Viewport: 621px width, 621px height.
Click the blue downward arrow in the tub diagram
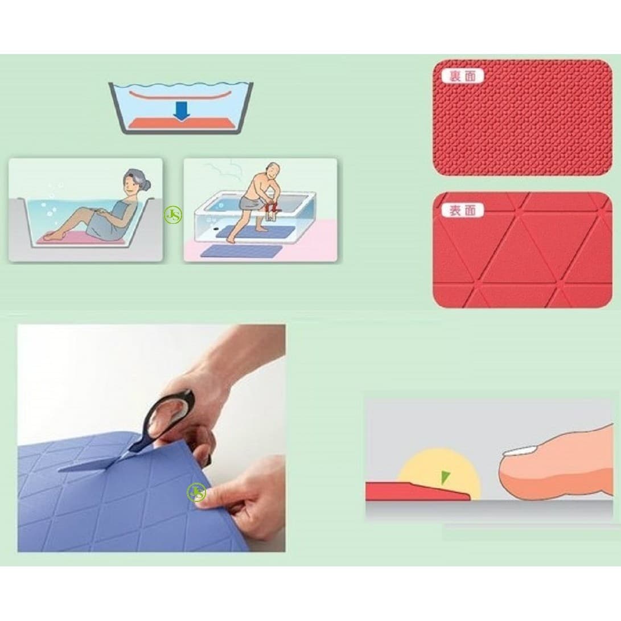[x=182, y=111]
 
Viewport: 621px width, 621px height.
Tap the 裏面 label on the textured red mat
[x=462, y=76]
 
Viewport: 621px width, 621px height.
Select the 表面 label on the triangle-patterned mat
[x=462, y=210]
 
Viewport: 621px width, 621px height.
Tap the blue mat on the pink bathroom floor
[x=241, y=250]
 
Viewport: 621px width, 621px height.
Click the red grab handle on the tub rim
[x=273, y=207]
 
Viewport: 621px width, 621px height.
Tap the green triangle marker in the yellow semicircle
[x=446, y=478]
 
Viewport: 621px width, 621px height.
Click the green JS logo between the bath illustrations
[x=173, y=216]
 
